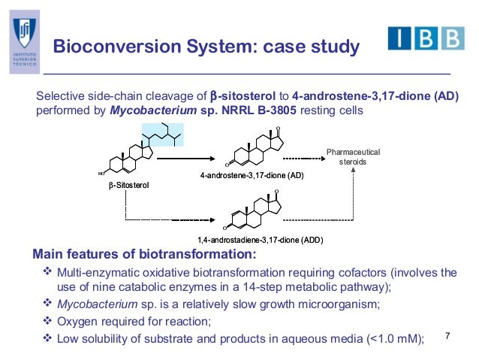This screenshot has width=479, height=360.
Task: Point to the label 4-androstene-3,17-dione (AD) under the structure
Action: tap(252, 177)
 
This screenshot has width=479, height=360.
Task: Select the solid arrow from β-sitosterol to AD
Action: tap(185, 159)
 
